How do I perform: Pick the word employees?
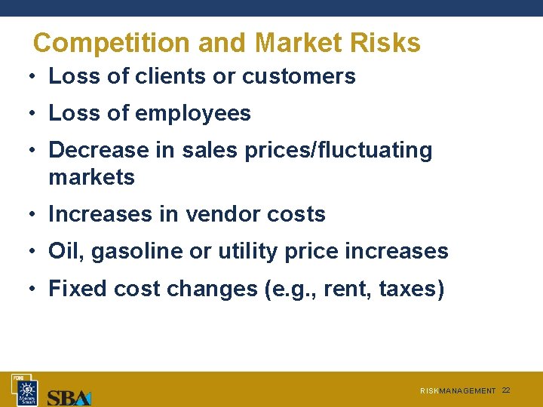pos(193,113)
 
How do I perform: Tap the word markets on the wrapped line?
pos(91,177)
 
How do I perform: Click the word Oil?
pos(66,251)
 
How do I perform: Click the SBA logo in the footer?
pos(69,396)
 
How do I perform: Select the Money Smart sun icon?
pos(28,391)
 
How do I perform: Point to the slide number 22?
pos(506,390)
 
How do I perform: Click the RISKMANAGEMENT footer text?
pos(458,391)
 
